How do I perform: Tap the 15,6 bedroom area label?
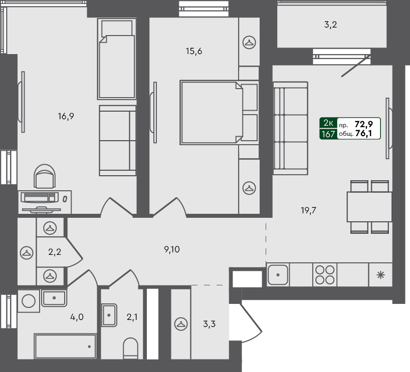(x=193, y=51)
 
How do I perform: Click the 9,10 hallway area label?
(x=173, y=249)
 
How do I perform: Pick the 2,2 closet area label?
(x=54, y=252)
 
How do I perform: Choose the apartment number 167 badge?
(x=328, y=133)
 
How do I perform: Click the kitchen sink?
(x=277, y=274)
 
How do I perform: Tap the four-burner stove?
(x=324, y=274)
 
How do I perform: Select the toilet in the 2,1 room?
(x=130, y=348)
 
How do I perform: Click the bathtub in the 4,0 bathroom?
(x=65, y=346)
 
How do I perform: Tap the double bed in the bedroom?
(x=211, y=113)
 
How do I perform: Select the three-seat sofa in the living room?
(x=290, y=129)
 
